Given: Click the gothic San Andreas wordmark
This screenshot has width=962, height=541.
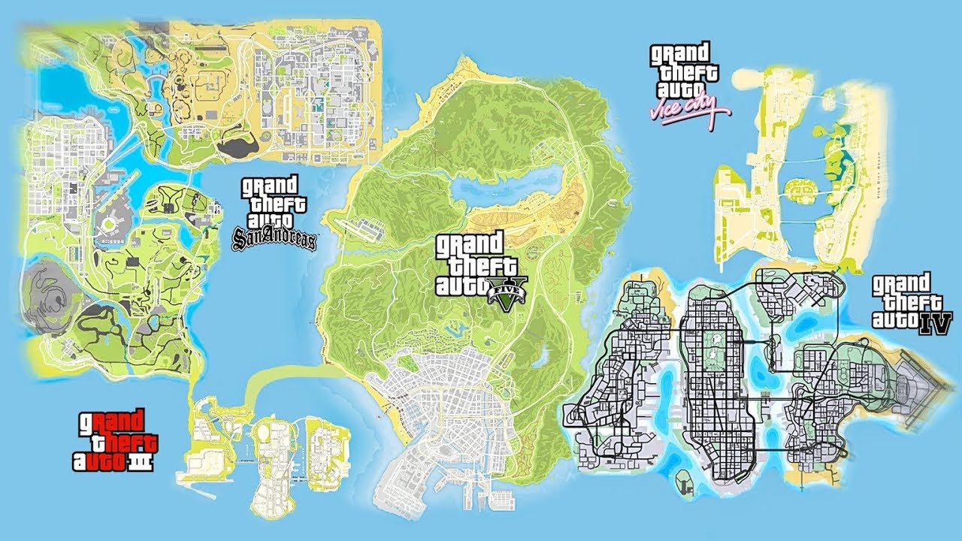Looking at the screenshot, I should [275, 240].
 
